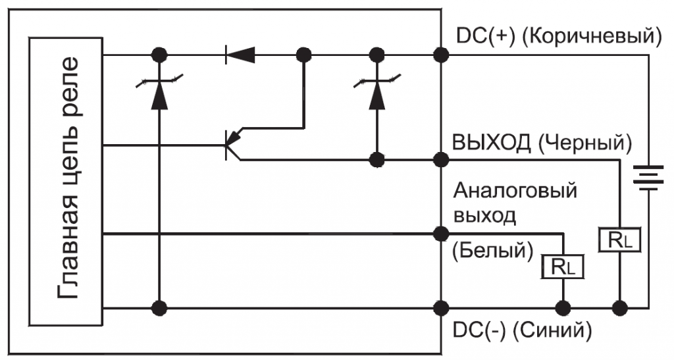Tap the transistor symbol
pyautogui.click(x=232, y=144)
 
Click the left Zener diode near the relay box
pyautogui.click(x=158, y=92)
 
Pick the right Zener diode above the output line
pyautogui.click(x=377, y=92)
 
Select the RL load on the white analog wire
pyautogui.click(x=563, y=266)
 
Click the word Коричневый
pyautogui.click(x=591, y=35)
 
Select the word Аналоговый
pyautogui.click(x=515, y=192)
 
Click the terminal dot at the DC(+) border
pyautogui.click(x=440, y=54)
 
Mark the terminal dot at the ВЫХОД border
pyautogui.click(x=440, y=159)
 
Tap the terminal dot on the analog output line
pyautogui.click(x=440, y=232)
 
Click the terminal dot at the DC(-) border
pyautogui.click(x=440, y=307)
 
